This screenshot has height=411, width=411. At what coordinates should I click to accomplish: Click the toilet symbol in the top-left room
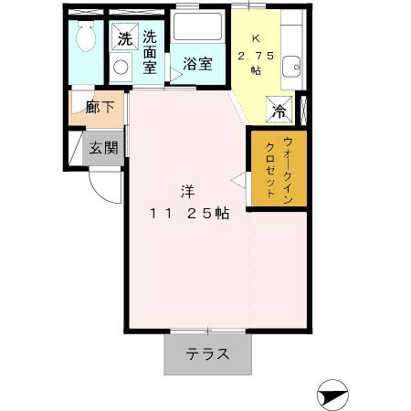(87, 39)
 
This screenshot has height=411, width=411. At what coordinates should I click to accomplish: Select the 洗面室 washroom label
(150, 54)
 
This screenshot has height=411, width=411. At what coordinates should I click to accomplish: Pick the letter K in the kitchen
(256, 40)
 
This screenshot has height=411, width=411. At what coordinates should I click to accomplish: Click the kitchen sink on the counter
(291, 65)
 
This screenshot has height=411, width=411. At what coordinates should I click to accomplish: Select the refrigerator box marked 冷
(278, 111)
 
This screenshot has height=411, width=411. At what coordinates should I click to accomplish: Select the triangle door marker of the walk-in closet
(238, 181)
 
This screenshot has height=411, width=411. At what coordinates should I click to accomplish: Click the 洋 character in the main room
(186, 192)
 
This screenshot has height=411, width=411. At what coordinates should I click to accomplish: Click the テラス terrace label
(207, 354)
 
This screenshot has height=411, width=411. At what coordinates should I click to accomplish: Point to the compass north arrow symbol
(332, 397)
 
